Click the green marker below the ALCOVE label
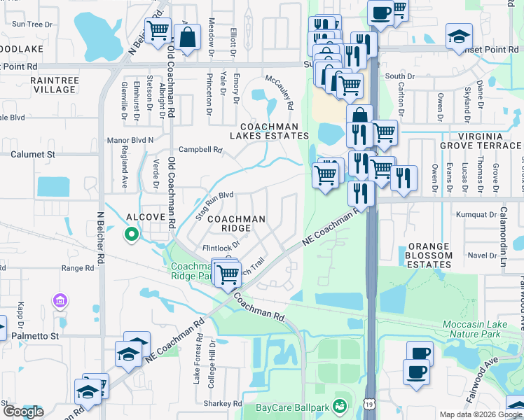click(130, 235)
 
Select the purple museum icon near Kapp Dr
click(60, 301)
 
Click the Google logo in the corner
click(23, 411)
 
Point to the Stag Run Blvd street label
click(214, 206)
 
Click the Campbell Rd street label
click(200, 149)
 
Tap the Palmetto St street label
click(36, 336)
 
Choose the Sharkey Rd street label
click(222, 404)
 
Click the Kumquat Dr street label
click(476, 214)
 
